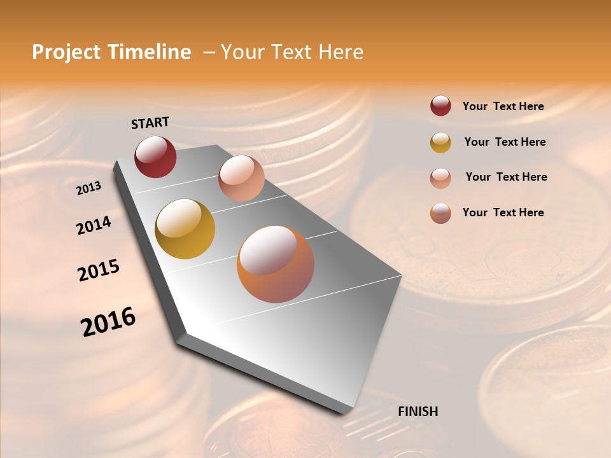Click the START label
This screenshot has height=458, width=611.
click(150, 123)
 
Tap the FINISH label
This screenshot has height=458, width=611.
click(418, 412)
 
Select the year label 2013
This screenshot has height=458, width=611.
click(88, 188)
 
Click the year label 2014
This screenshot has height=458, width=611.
click(94, 225)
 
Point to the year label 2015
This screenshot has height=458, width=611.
click(99, 270)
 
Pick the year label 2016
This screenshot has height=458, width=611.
click(108, 321)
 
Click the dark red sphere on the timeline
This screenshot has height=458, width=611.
click(155, 156)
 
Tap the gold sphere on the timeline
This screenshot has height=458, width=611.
click(185, 229)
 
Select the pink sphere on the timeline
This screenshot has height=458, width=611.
click(241, 178)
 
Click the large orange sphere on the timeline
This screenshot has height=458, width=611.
click(276, 264)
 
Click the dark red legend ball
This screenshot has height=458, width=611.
click(440, 106)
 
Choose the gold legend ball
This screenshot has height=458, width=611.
click(440, 142)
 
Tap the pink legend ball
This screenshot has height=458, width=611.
click(440, 177)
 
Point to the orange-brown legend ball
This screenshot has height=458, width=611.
click(440, 213)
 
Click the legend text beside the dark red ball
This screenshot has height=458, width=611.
click(503, 106)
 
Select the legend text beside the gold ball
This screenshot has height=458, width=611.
click(505, 142)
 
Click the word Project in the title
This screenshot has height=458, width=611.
click(67, 52)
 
